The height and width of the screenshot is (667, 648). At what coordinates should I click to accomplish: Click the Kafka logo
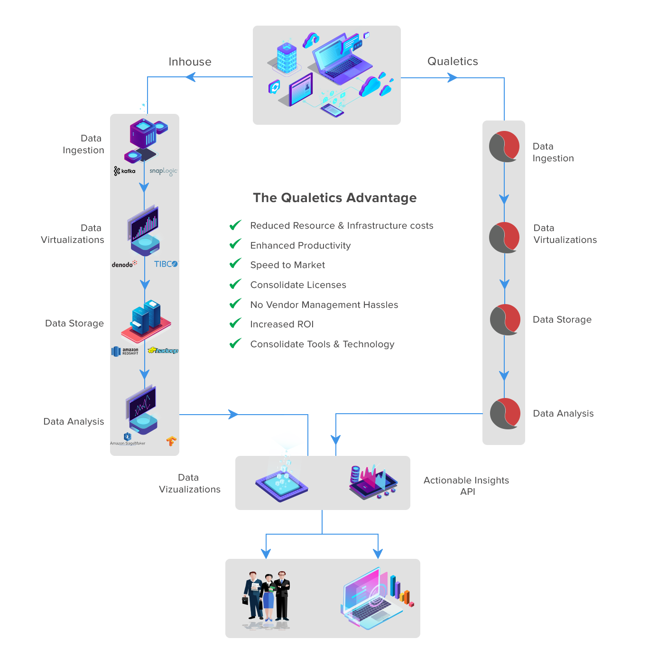pyautogui.click(x=125, y=171)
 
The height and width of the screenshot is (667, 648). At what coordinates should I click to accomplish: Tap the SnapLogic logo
pyautogui.click(x=163, y=171)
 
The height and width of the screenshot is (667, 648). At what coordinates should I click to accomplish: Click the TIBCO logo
pyautogui.click(x=166, y=264)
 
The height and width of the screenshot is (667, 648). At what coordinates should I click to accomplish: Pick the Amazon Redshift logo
pyautogui.click(x=125, y=351)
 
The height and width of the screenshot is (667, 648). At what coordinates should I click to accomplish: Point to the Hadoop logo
pyautogui.click(x=163, y=351)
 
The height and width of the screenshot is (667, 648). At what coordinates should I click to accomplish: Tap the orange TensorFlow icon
pyautogui.click(x=171, y=441)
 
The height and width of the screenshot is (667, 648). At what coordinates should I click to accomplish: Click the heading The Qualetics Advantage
pyautogui.click(x=334, y=198)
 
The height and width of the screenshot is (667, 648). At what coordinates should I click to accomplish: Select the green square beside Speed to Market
pyautogui.click(x=235, y=263)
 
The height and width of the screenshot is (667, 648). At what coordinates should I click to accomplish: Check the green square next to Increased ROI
pyautogui.click(x=235, y=323)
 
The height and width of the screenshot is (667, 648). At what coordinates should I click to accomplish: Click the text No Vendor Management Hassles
pyautogui.click(x=324, y=305)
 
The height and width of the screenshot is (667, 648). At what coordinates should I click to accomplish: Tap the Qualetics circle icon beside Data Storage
pyautogui.click(x=505, y=320)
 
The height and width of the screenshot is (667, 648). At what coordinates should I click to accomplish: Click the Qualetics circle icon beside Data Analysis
pyautogui.click(x=505, y=414)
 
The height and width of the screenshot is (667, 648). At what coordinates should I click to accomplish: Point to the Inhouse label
pyautogui.click(x=190, y=62)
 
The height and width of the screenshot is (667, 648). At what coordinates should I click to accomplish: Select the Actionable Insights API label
pyautogui.click(x=466, y=486)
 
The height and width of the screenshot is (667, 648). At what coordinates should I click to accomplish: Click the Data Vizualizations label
pyautogui.click(x=190, y=483)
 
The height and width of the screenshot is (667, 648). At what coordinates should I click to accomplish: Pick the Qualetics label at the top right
pyautogui.click(x=453, y=61)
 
